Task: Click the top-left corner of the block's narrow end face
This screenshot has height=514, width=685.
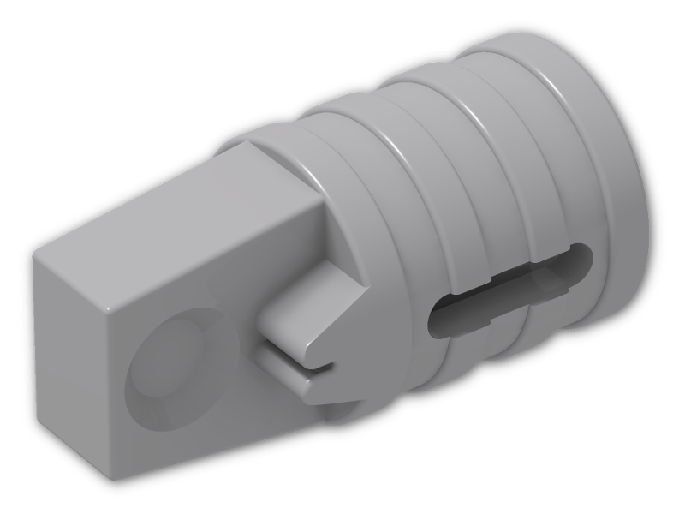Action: [x=35, y=254]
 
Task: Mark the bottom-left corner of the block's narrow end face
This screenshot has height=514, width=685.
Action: [x=39, y=403]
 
